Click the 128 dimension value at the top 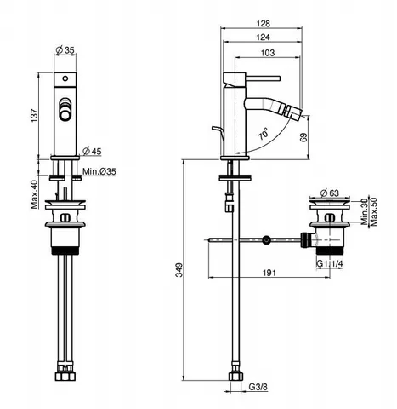coord(264,23)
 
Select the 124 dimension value coord(264,37)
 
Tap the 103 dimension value coord(268,53)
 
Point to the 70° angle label coord(264,134)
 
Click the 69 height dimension coord(303,137)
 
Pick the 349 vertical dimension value coord(179,270)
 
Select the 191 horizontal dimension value coord(269,273)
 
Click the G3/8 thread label coord(258,387)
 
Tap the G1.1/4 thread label coord(330,264)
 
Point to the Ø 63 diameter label coord(329,193)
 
